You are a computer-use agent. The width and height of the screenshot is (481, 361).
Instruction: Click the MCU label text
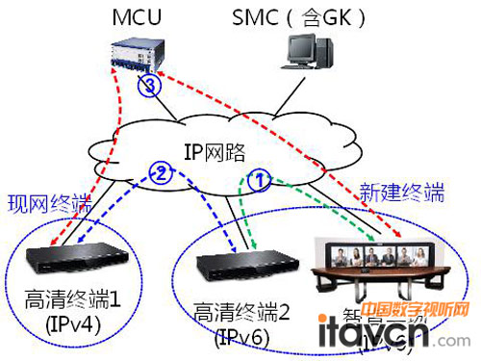138,17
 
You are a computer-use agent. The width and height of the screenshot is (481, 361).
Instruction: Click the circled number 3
146,88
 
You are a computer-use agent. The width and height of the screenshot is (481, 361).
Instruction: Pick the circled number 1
259,177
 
